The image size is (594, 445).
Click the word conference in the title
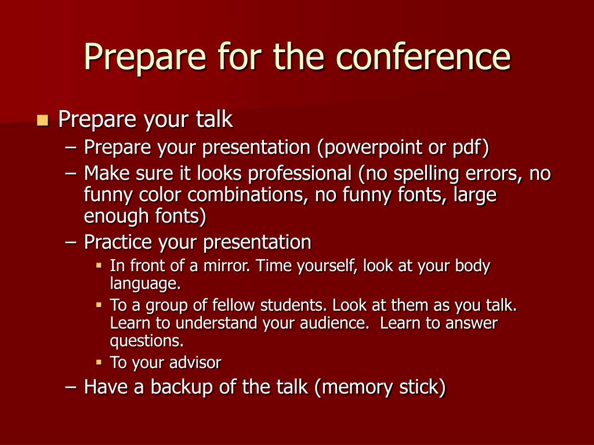[423, 57]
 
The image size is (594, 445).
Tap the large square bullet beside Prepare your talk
[43, 120]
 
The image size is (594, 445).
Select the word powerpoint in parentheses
[373, 148]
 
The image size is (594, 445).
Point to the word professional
[300, 174]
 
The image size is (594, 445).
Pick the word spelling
[426, 174]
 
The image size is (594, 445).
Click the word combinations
[246, 195]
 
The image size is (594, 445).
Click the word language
[145, 284]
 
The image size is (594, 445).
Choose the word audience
[334, 323]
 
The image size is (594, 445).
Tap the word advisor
[195, 363]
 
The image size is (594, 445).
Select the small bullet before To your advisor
[99, 363]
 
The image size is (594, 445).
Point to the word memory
[354, 387]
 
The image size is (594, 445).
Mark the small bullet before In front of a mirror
[99, 265]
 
